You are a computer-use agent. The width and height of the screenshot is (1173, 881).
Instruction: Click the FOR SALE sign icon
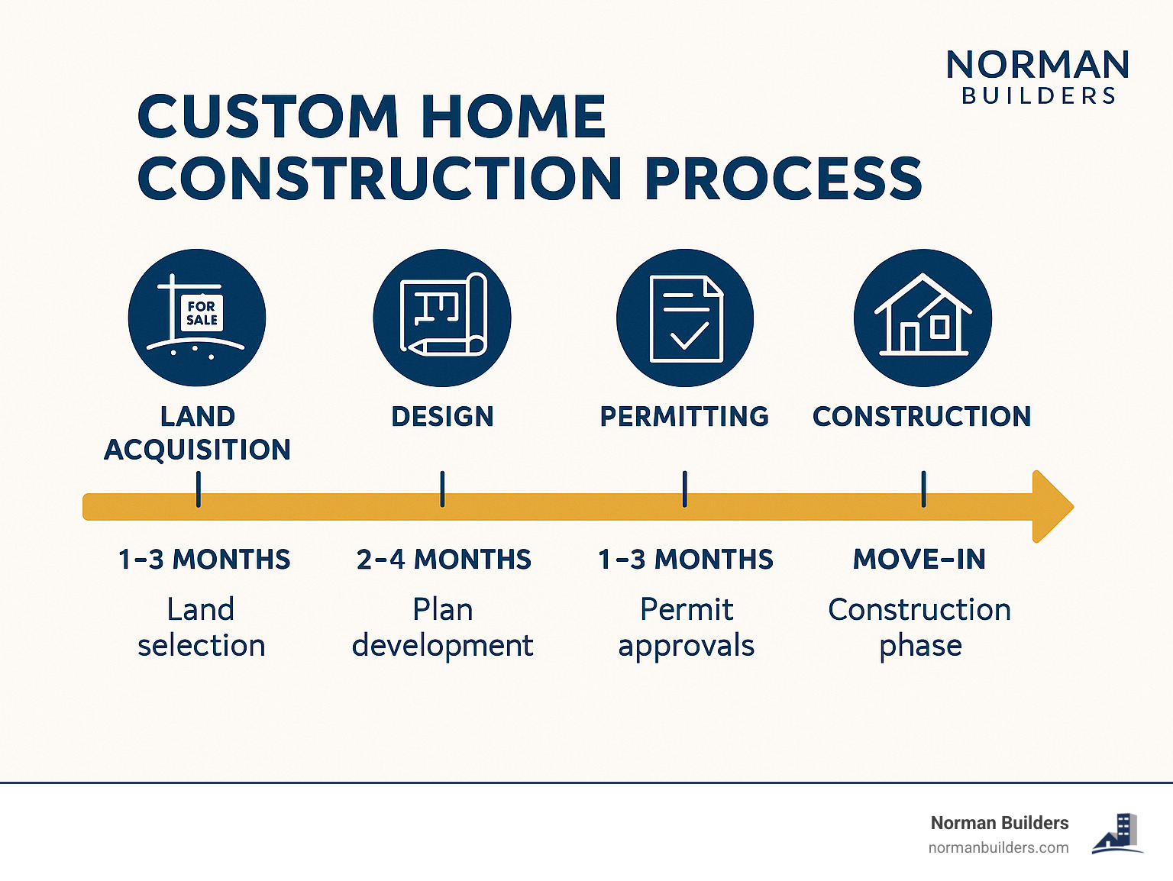tap(197, 318)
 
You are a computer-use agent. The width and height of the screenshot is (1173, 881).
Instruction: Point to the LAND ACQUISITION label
tap(197, 433)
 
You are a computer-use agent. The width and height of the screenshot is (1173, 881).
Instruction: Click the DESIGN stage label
tap(442, 416)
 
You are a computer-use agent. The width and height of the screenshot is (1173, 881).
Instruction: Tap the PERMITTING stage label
tap(684, 416)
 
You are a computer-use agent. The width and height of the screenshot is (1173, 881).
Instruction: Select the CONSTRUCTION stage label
tap(922, 416)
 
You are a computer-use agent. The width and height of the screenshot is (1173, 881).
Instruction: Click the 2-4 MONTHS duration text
tap(444, 560)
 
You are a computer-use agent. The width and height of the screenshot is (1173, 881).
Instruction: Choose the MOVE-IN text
tap(919, 560)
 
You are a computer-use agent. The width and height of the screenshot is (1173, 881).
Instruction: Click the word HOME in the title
tap(513, 116)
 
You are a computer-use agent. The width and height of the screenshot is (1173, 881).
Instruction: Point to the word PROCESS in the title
tap(784, 178)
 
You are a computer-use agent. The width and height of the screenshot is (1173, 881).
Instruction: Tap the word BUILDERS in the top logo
tap(1039, 96)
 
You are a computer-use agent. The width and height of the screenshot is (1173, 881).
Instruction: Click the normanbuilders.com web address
tap(998, 848)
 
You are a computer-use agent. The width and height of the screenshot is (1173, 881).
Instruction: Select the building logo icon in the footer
tap(1118, 834)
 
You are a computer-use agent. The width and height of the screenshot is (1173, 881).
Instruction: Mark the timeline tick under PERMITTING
tap(684, 489)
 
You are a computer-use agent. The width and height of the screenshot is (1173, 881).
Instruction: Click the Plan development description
tap(442, 628)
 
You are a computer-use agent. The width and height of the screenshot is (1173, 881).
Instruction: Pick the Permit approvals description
tap(687, 628)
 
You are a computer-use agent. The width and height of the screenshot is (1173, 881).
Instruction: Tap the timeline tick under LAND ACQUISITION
tap(199, 489)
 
